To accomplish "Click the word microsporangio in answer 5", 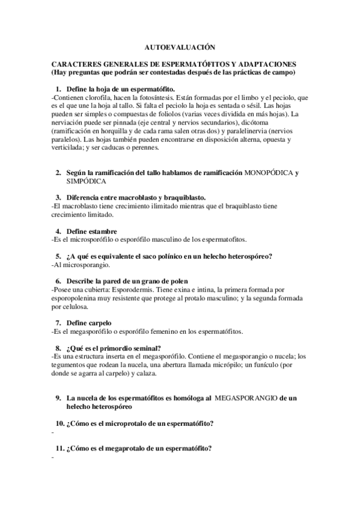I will [x=81, y=265].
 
